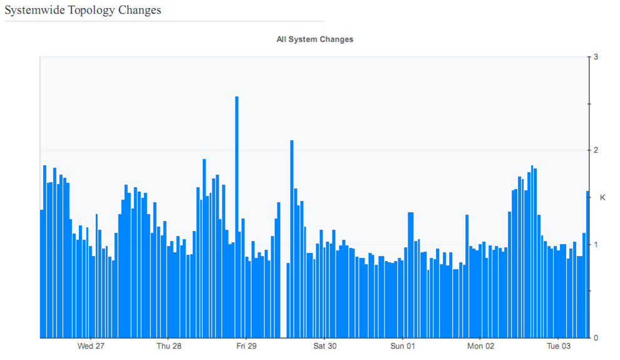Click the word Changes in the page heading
[x=140, y=10]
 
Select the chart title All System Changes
[x=315, y=39]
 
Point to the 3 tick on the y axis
[x=596, y=57]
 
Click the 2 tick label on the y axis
[x=596, y=150]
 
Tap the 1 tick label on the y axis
[x=596, y=244]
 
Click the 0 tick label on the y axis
[x=596, y=337]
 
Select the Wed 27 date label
[x=91, y=346]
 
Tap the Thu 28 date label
[x=169, y=346]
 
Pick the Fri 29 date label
[x=247, y=346]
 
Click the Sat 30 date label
[x=325, y=346]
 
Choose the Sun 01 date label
[x=403, y=346]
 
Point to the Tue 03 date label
[x=559, y=346]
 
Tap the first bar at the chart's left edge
[x=42, y=275]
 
